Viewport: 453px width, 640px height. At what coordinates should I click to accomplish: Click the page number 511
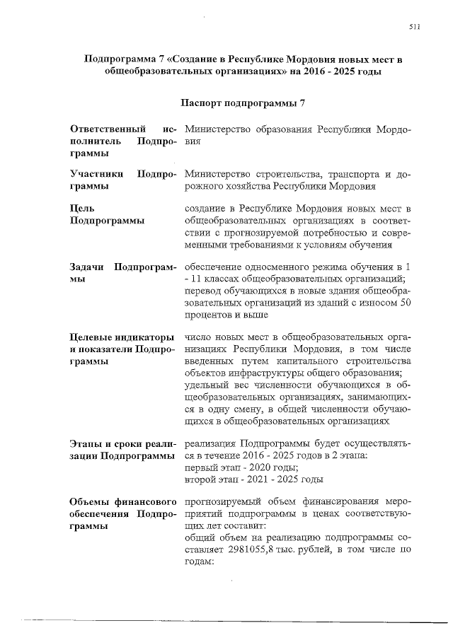415,26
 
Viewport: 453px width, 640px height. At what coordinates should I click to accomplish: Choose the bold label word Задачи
88,267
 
